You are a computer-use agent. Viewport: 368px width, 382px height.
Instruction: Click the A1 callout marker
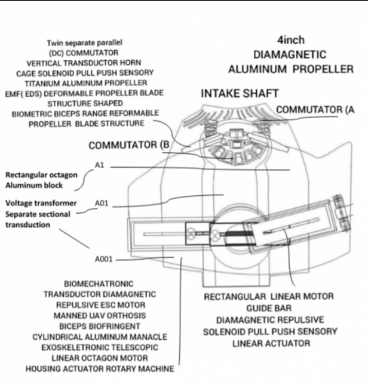tap(100, 165)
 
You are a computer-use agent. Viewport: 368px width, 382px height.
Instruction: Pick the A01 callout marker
tap(102, 204)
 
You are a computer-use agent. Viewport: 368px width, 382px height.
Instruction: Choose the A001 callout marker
tap(103, 259)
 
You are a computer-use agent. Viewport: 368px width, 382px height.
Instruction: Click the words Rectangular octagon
tap(38, 175)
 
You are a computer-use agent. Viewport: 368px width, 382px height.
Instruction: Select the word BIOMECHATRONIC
tap(98, 284)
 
